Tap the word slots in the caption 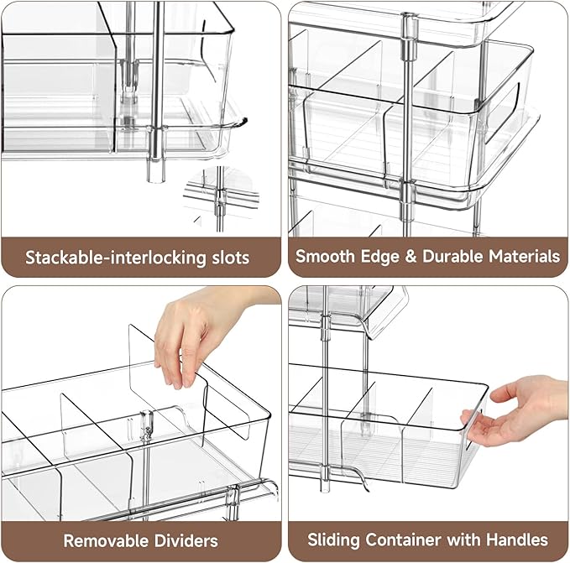(x=228, y=257)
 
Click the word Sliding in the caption (x=333, y=540)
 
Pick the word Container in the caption (x=400, y=540)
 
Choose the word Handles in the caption (x=517, y=540)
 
